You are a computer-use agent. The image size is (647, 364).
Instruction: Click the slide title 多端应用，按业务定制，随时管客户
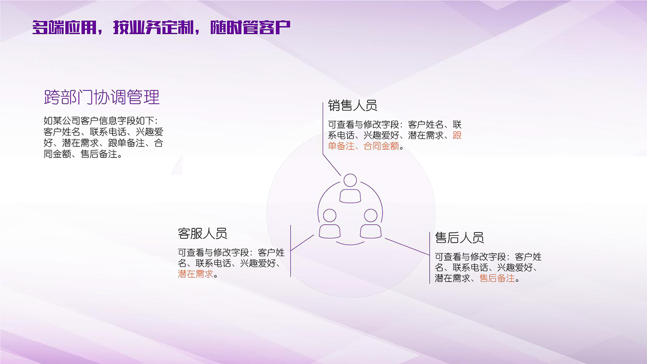click(x=161, y=28)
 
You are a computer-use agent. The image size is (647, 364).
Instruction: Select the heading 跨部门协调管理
click(x=102, y=97)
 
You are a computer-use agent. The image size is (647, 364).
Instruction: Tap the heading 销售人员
click(x=352, y=105)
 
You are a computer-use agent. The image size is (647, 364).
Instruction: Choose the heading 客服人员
click(x=202, y=234)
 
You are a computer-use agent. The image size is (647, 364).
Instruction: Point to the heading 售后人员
click(x=459, y=238)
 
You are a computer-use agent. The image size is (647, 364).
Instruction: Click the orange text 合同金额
click(x=381, y=146)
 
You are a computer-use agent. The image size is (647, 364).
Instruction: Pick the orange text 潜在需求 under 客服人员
click(x=195, y=274)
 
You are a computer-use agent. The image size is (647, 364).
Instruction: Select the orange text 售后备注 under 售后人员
click(x=497, y=279)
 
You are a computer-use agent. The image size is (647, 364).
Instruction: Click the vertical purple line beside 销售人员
click(x=323, y=129)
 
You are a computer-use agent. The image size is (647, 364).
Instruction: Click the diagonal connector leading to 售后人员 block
click(x=407, y=246)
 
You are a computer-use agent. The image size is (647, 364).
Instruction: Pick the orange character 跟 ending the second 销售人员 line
click(x=457, y=135)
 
